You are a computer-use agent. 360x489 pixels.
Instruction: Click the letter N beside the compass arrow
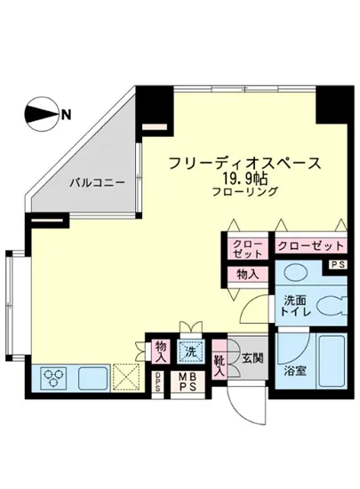(x=67, y=113)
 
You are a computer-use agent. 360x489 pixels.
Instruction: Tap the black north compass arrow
(x=39, y=114)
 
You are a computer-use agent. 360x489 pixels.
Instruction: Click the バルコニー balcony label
(x=99, y=182)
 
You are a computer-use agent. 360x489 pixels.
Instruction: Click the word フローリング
(x=244, y=192)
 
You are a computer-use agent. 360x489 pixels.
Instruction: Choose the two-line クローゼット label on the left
(x=248, y=249)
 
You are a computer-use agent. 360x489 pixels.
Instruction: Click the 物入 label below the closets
(x=247, y=275)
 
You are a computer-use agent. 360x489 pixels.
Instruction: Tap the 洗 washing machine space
(x=190, y=350)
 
